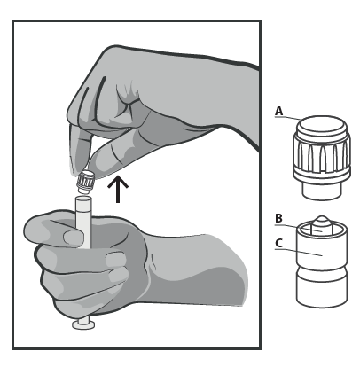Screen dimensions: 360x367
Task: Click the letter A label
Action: tap(278, 111)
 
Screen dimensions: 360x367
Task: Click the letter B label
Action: tap(278, 218)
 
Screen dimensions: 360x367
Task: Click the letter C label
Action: tap(278, 243)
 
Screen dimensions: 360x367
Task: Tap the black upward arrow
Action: tap(118, 189)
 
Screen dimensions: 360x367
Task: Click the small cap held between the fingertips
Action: tap(85, 182)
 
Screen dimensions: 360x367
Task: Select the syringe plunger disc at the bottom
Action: tap(84, 325)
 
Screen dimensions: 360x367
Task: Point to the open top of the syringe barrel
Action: tap(82, 199)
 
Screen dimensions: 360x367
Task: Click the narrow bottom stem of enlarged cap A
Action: tap(322, 191)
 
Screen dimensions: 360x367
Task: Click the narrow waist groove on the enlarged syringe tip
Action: tap(322, 269)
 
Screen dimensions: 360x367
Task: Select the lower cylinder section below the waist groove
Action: tap(322, 291)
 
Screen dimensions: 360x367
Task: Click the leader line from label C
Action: tap(299, 252)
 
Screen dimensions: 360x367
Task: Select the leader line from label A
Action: tap(287, 118)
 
